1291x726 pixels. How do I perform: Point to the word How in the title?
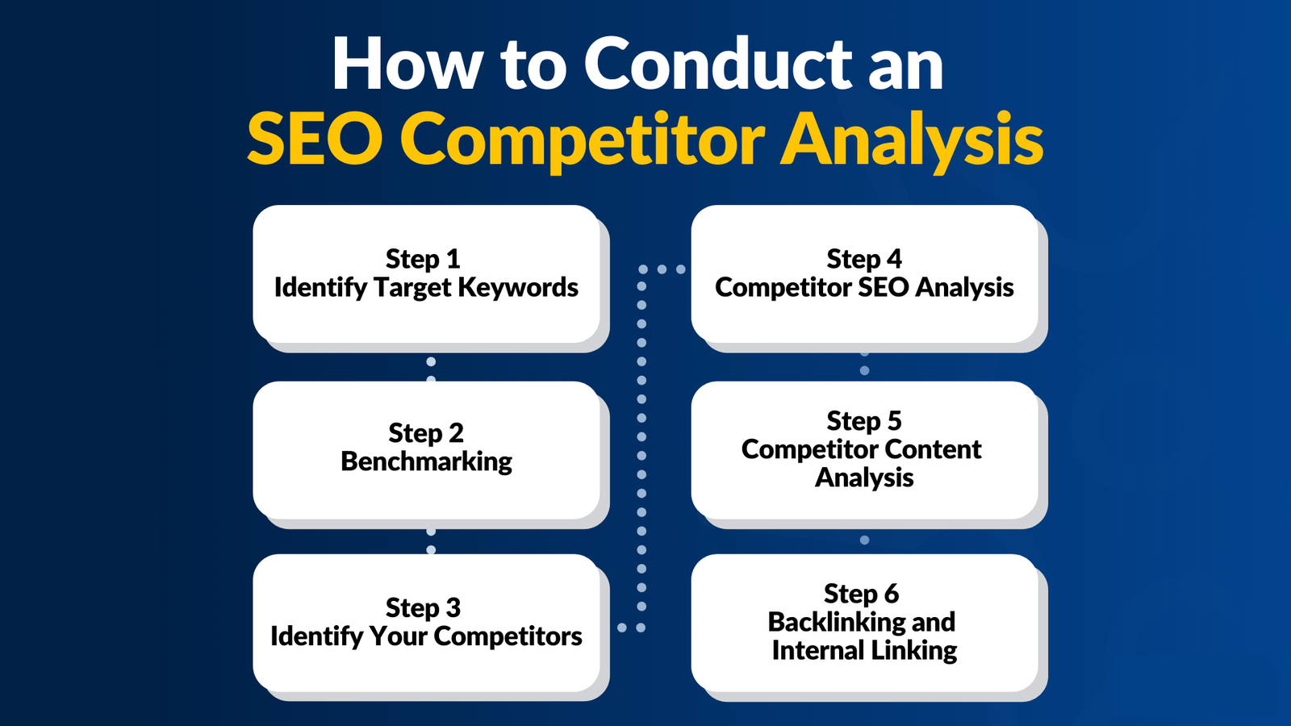[407, 64]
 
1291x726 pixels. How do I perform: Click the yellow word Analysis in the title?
[912, 142]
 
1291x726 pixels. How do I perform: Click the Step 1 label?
[423, 259]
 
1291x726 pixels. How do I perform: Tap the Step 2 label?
[426, 433]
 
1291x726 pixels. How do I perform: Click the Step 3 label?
[423, 608]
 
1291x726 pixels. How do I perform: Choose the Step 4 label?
[864, 259]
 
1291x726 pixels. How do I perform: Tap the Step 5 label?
[864, 421]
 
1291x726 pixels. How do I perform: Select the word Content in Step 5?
[933, 449]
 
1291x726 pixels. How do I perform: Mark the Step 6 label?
[861, 594]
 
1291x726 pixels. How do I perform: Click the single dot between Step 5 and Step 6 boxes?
[864, 540]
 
